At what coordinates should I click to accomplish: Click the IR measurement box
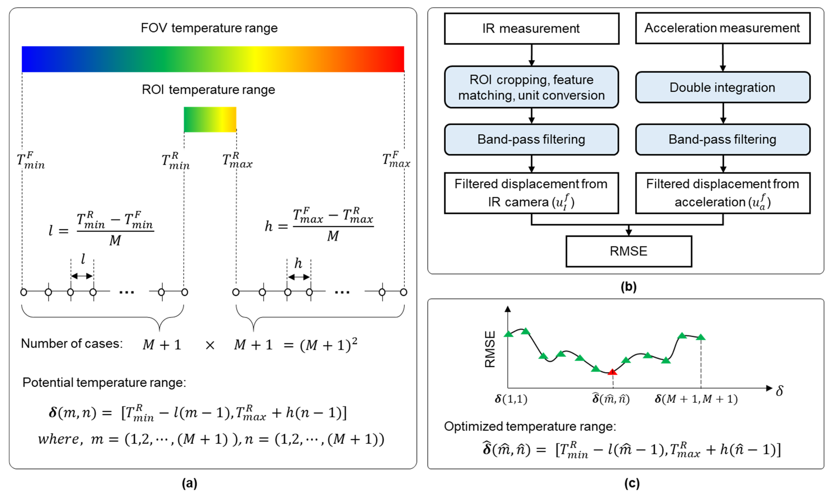tap(531, 28)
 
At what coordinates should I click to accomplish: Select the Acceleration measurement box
tap(722, 28)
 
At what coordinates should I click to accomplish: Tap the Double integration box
tap(722, 87)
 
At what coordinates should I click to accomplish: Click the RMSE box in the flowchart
tap(629, 251)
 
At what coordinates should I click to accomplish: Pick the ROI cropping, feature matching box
tap(531, 87)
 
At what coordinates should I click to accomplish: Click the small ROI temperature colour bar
tap(210, 120)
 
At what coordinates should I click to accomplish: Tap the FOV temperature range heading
tap(209, 28)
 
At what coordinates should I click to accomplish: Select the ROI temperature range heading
tap(208, 90)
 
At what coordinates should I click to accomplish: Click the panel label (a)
tap(189, 483)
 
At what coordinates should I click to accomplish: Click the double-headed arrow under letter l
tap(82, 276)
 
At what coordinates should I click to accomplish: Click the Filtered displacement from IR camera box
tap(531, 193)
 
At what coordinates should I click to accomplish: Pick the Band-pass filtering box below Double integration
tap(722, 139)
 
